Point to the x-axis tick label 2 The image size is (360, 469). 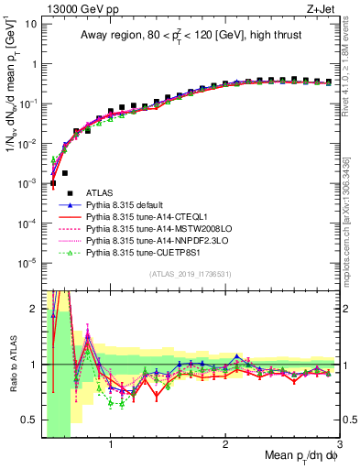225,448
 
